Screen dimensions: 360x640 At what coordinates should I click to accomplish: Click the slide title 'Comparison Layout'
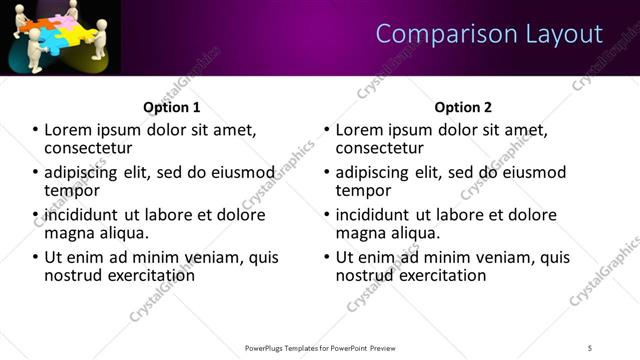pos(489,34)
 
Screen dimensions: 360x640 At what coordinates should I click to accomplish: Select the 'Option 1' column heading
pos(172,107)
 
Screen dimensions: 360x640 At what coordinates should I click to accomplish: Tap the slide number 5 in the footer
pos(591,347)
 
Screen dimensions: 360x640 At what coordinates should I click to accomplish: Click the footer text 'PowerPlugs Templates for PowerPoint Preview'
pos(319,347)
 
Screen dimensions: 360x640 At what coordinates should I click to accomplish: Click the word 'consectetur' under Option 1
pos(90,148)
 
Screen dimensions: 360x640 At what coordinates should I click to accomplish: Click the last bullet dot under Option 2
pos(326,257)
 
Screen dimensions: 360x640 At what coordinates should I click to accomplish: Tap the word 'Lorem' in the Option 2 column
pos(361,130)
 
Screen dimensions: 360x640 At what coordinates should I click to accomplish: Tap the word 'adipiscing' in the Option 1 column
pos(83,172)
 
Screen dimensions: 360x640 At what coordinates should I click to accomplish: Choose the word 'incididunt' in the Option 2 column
pos(377,215)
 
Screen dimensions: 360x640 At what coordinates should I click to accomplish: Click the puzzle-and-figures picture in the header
pos(60,37)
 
